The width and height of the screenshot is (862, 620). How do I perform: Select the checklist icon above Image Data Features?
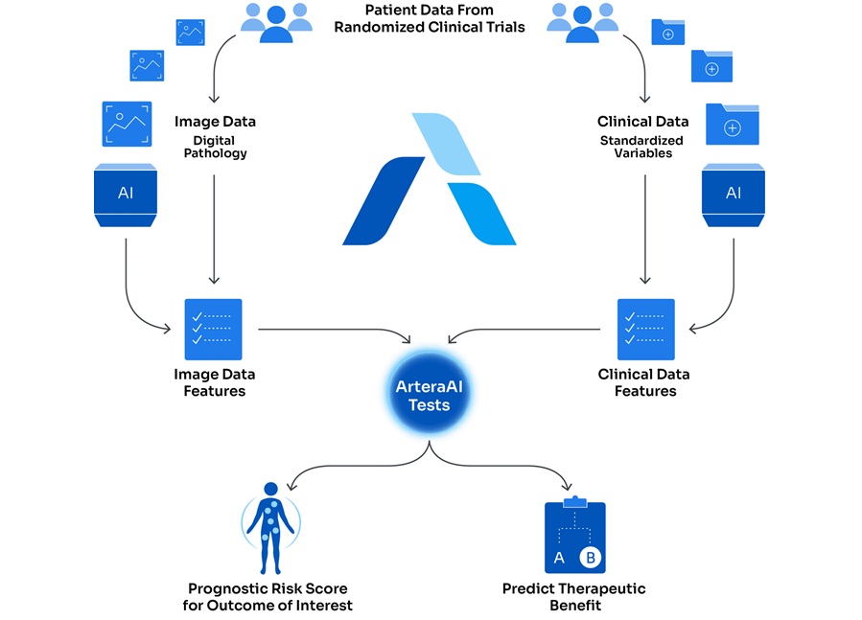click(x=213, y=329)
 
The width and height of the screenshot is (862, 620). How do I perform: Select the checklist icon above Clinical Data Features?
click(x=645, y=329)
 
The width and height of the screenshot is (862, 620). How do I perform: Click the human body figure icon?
click(x=270, y=522)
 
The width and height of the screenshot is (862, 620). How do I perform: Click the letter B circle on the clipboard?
click(x=590, y=557)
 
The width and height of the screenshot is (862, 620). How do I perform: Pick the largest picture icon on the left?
click(x=127, y=124)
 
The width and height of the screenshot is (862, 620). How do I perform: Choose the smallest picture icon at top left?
click(x=190, y=33)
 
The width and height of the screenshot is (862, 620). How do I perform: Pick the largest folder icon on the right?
click(x=733, y=125)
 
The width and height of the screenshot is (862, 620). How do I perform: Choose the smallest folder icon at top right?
click(x=668, y=32)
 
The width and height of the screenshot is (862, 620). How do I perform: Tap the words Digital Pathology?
click(x=215, y=147)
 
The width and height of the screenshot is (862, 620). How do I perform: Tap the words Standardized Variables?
click(x=643, y=147)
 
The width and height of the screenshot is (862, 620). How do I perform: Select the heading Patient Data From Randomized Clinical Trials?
click(x=430, y=19)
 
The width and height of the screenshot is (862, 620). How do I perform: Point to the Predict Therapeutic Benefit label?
click(x=573, y=596)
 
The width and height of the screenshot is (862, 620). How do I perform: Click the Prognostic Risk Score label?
click(x=268, y=596)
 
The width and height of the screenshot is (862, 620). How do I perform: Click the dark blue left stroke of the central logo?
click(x=383, y=201)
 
